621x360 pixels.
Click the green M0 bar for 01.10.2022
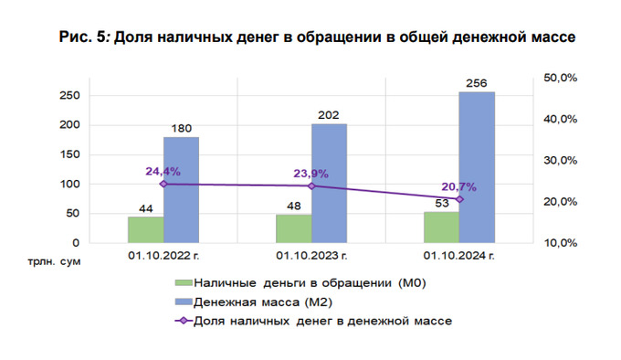(x=146, y=229)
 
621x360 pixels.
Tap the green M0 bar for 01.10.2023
(x=294, y=228)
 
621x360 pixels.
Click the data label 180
(x=181, y=129)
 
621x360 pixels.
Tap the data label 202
(x=329, y=116)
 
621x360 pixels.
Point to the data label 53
(x=442, y=204)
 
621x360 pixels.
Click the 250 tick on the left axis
(x=70, y=96)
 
